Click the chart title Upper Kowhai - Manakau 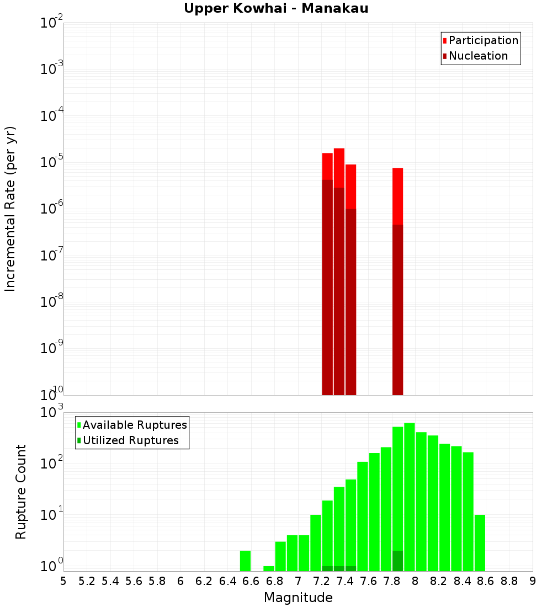pyautogui.click(x=276, y=8)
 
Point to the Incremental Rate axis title pyautogui.click(x=10, y=209)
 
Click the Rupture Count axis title pyautogui.click(x=20, y=492)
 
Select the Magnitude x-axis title pyautogui.click(x=298, y=598)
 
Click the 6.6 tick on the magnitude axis pyautogui.click(x=251, y=581)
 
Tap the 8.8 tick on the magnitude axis pyautogui.click(x=509, y=581)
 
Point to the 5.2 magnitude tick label pyautogui.click(x=87, y=581)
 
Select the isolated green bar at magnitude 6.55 pyautogui.click(x=246, y=561)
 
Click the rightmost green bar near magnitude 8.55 pyautogui.click(x=480, y=543)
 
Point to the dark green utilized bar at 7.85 pyautogui.click(x=398, y=561)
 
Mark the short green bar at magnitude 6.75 pyautogui.click(x=269, y=568)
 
